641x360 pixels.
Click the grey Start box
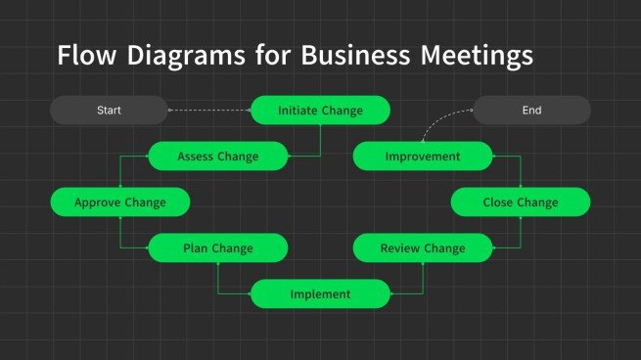[x=109, y=111]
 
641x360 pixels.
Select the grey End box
[x=531, y=111]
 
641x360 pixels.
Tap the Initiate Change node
[x=320, y=111]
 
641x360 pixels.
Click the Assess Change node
[x=218, y=157]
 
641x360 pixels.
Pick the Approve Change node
[x=119, y=202]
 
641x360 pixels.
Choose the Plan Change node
[x=217, y=248]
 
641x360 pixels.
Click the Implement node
[x=320, y=293]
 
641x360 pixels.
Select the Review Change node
[x=422, y=248]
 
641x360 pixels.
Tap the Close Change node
[x=520, y=202]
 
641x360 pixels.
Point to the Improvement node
[x=422, y=157]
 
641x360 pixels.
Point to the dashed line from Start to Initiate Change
[x=209, y=111]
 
